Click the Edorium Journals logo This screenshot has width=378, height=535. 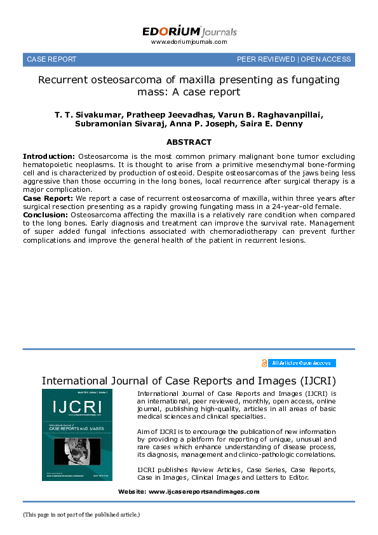[189, 31]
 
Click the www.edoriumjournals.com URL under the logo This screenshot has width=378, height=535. [189, 42]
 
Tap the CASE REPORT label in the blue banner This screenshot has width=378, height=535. [51, 59]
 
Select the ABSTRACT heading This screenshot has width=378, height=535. [189, 142]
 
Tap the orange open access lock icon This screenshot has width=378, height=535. [264, 363]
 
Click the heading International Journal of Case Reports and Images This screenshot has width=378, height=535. [189, 381]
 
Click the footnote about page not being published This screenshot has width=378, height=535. [81, 514]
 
